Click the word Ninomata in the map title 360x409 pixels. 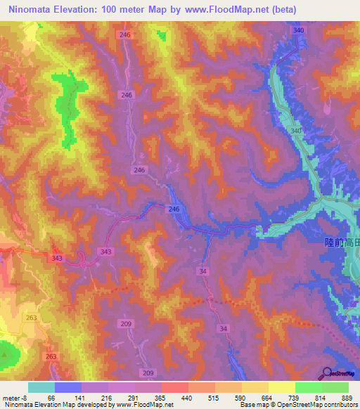[x=33, y=10]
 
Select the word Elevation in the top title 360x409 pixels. [x=86, y=10]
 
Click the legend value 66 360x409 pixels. [x=51, y=397]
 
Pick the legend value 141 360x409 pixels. [x=77, y=397]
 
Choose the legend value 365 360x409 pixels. [x=157, y=397]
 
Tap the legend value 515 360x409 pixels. [x=212, y=397]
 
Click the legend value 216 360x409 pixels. [x=104, y=397]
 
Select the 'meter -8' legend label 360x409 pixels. [x=15, y=397]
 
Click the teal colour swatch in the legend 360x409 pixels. [x=41, y=387]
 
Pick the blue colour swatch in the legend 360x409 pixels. [x=68, y=387]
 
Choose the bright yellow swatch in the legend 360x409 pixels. [x=282, y=387]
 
